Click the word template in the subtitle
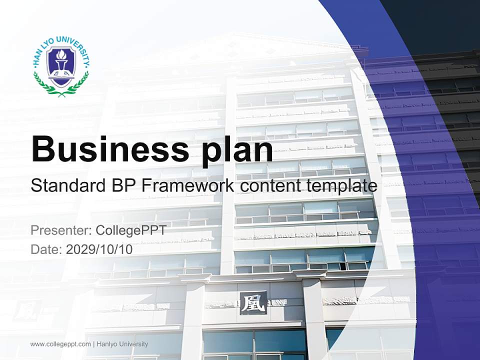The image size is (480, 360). [x=342, y=186]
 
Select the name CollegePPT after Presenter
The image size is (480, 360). [x=130, y=230]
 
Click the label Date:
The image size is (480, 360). [x=46, y=249]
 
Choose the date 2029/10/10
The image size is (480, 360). [x=99, y=249]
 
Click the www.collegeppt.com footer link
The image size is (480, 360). [x=60, y=344]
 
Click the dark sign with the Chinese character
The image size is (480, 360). [x=252, y=303]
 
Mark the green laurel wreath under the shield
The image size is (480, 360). [x=61, y=86]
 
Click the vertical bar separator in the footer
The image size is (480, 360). [x=94, y=344]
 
